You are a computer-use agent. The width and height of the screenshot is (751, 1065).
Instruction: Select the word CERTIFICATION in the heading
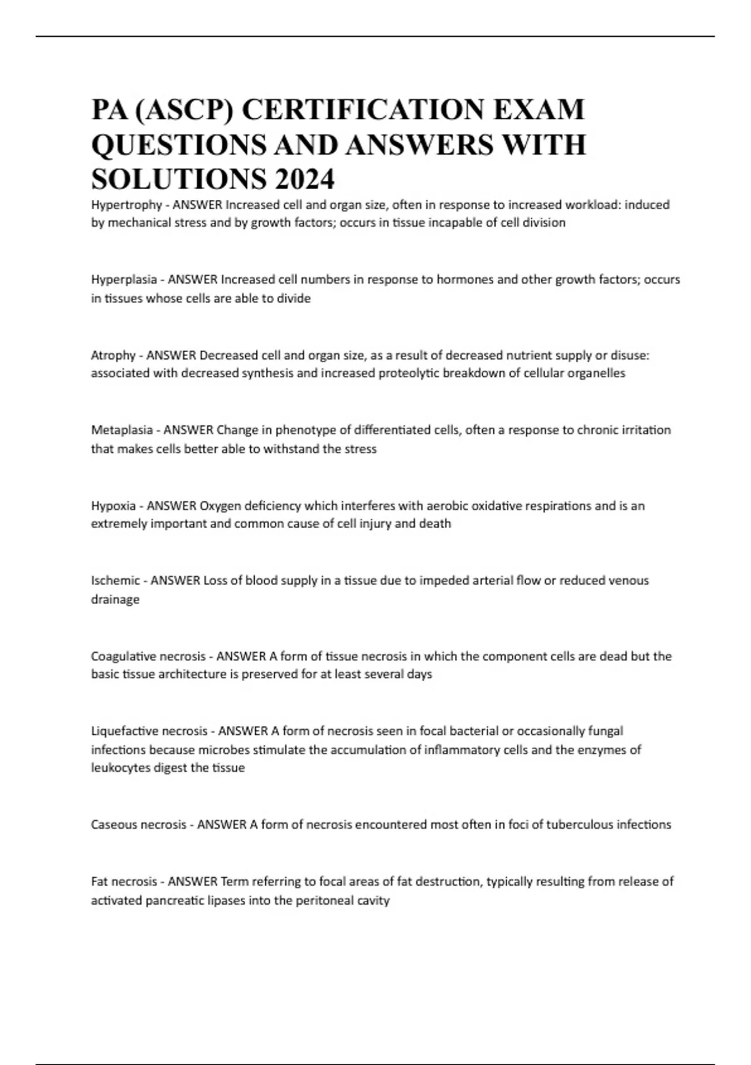click(362, 110)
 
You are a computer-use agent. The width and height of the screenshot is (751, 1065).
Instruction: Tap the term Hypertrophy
click(126, 205)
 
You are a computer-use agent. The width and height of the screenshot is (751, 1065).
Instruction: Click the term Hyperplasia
click(124, 279)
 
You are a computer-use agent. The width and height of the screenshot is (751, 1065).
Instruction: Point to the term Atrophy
click(113, 355)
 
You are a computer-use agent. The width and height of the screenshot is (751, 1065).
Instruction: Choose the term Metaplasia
click(122, 430)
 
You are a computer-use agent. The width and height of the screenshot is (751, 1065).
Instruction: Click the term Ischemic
click(115, 581)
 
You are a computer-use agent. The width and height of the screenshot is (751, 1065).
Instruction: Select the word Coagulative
click(123, 656)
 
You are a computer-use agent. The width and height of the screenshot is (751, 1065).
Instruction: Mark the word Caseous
click(113, 824)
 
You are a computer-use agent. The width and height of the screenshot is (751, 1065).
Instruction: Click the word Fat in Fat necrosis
click(99, 881)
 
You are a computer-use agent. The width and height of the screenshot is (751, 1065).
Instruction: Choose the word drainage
click(115, 600)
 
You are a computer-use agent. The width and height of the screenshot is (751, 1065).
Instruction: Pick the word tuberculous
click(586, 824)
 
